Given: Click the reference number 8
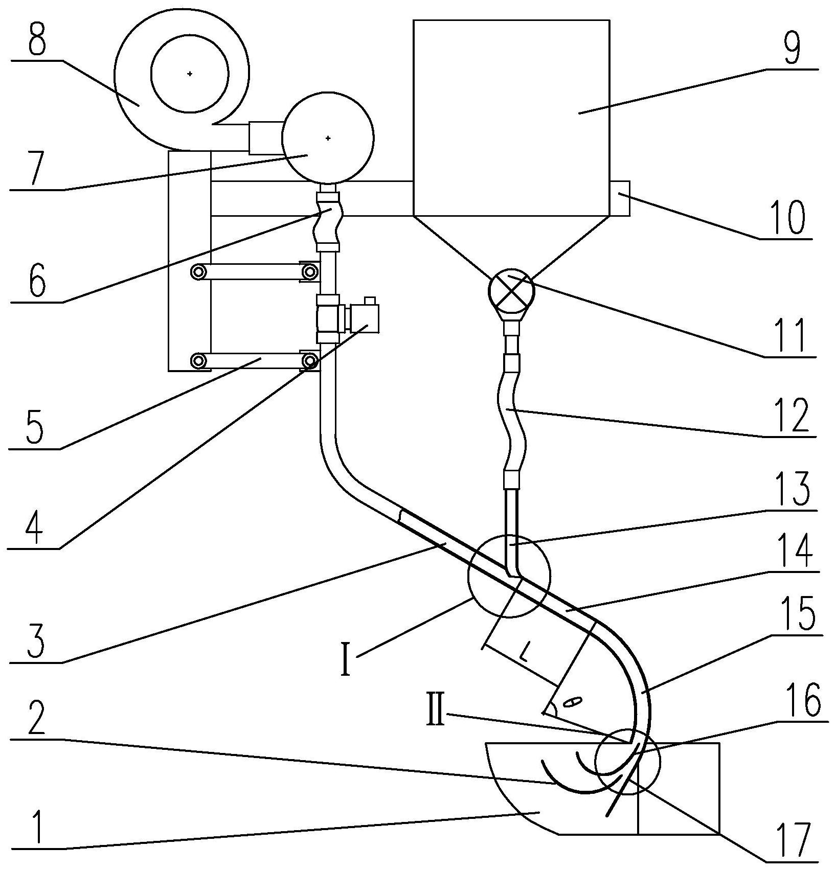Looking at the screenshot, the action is [x=37, y=37].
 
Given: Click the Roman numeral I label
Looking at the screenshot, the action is [x=346, y=659].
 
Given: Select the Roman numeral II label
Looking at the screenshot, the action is [x=436, y=711].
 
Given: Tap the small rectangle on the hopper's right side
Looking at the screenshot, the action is [x=620, y=198].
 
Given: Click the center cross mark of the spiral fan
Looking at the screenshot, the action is [x=190, y=74].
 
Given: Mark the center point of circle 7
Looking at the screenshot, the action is [x=328, y=138].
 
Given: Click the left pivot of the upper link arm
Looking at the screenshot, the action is [x=197, y=272].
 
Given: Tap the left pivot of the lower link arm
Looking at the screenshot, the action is [x=197, y=361].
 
